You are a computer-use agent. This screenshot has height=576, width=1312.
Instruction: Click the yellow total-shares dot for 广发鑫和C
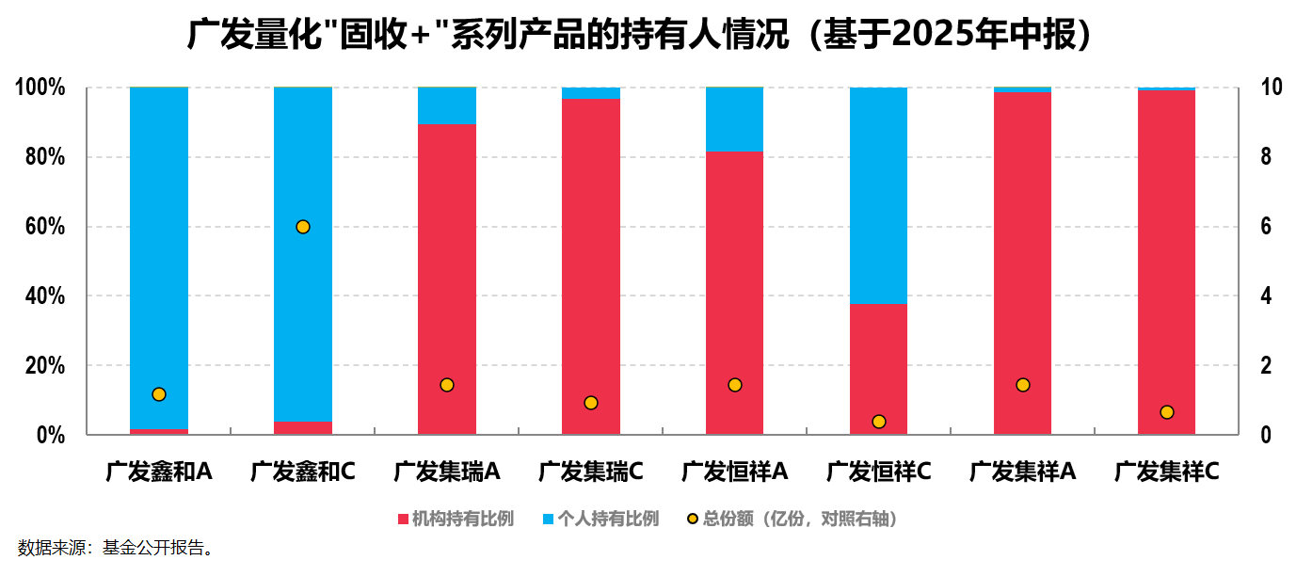point(303,227)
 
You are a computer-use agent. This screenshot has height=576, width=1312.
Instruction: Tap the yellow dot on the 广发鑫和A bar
point(159,394)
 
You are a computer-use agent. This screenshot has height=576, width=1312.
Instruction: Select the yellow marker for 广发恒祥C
point(879,422)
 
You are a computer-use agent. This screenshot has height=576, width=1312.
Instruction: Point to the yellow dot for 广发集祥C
point(1167,412)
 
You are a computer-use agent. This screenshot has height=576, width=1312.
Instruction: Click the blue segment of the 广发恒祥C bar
point(879,196)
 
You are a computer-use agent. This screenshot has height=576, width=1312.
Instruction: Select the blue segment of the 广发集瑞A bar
point(447,105)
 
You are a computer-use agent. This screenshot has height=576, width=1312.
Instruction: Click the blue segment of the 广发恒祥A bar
point(735,120)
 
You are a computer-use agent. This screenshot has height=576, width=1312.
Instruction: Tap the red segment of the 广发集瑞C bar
point(591,264)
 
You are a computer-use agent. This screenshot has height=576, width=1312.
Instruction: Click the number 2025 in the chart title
point(925,36)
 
